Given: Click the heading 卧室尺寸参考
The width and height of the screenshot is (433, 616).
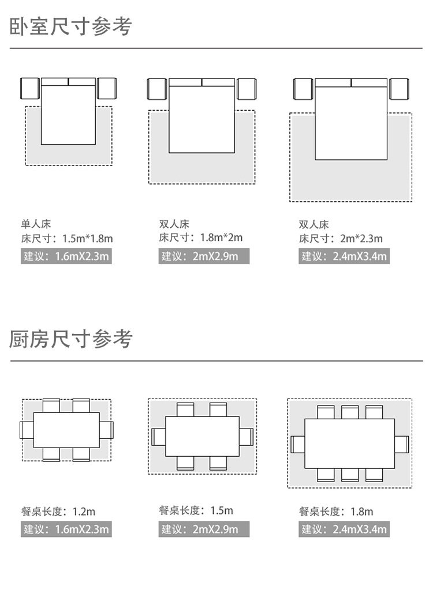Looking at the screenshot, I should pos(71,27).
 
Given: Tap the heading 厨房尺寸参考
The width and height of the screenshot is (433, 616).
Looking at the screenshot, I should pos(71,340).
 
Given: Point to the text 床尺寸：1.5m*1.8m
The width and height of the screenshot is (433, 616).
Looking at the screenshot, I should pos(67,238).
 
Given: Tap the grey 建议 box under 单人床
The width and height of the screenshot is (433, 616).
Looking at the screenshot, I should pos(66,256).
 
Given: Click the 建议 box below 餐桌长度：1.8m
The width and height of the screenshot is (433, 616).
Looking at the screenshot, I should pos(344,529).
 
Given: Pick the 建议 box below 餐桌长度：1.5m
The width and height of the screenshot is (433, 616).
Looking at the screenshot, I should pos(204,529).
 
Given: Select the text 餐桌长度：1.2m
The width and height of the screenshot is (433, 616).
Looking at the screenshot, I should pos(58,512).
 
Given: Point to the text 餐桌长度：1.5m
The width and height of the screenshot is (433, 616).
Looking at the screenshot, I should pos(196,510).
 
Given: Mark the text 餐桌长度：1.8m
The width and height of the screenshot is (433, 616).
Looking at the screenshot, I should pos(336,512).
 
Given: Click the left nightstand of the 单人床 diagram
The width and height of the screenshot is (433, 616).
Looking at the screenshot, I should pos(29,88).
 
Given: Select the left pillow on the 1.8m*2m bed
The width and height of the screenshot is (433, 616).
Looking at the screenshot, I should pos(185,82).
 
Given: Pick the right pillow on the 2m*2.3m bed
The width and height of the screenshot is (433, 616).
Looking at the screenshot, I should pos(369,82).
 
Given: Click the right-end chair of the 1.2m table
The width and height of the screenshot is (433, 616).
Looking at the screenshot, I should pos(106,430).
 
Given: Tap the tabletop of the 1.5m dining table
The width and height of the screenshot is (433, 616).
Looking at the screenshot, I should pos(202,437).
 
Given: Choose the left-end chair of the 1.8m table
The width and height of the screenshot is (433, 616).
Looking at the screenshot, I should pos(298,444).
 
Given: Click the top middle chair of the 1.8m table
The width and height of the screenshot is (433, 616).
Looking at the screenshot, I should pos(350,412).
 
